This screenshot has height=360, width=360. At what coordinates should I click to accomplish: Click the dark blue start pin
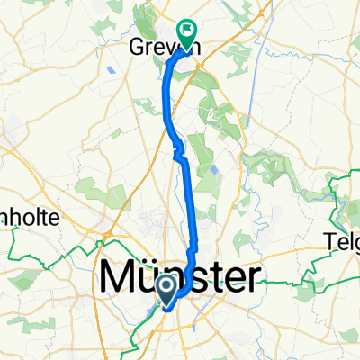coord(168,289)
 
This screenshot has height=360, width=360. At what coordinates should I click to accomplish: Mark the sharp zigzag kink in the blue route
coord(176,153)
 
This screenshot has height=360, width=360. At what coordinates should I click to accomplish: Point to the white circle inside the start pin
coord(168,286)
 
